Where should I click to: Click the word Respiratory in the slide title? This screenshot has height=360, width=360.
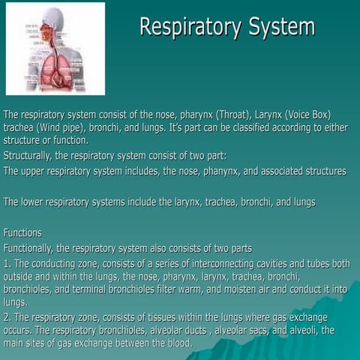(x=185, y=27)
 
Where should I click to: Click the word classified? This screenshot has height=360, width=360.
(x=246, y=127)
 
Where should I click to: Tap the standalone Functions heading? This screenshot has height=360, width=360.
(x=22, y=232)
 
